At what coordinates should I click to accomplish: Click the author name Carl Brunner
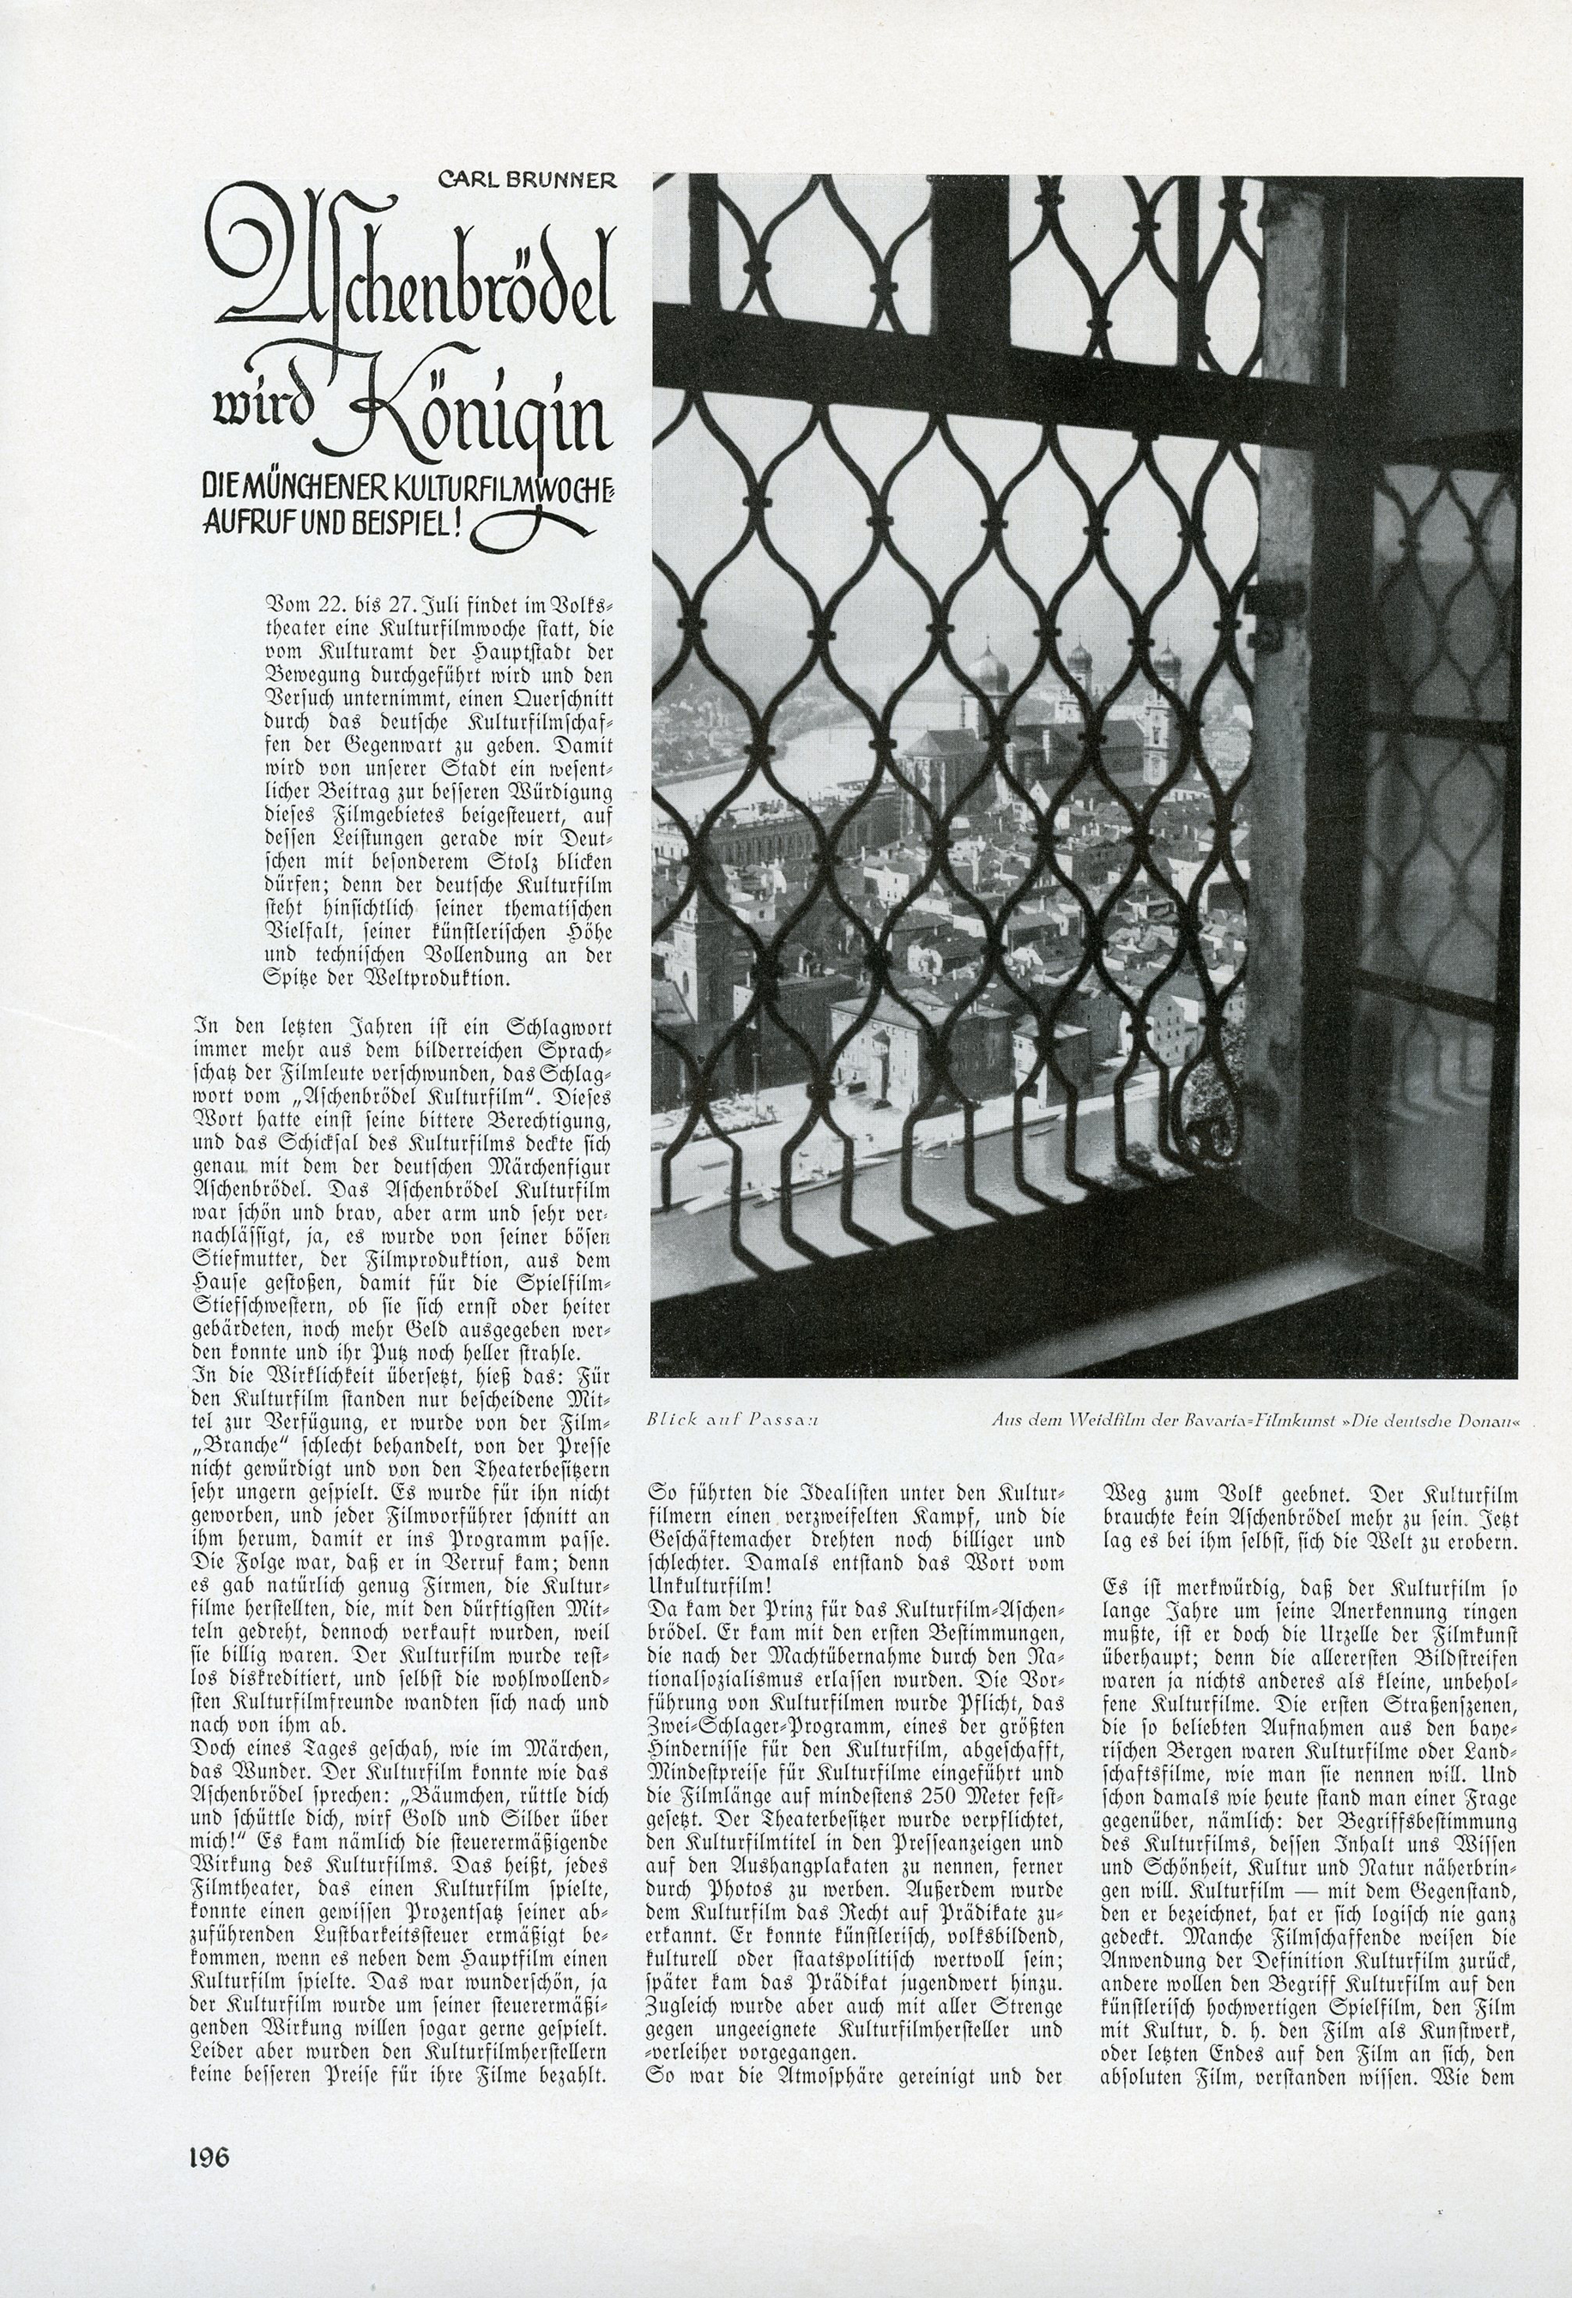529,180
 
